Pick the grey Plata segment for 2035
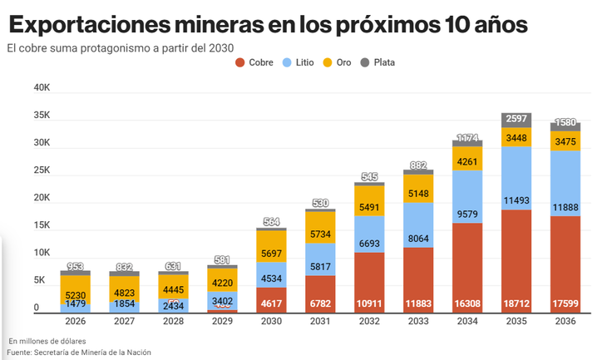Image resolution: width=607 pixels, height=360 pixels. click(516, 120)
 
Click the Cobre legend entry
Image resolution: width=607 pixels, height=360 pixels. click(254, 62)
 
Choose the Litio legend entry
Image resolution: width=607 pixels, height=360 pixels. click(298, 62)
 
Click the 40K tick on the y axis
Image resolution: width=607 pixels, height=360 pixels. click(42, 87)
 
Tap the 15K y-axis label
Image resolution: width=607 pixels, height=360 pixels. click(42, 225)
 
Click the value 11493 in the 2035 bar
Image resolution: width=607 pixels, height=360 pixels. click(516, 200)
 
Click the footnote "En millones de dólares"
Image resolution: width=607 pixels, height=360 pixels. click(47, 341)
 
